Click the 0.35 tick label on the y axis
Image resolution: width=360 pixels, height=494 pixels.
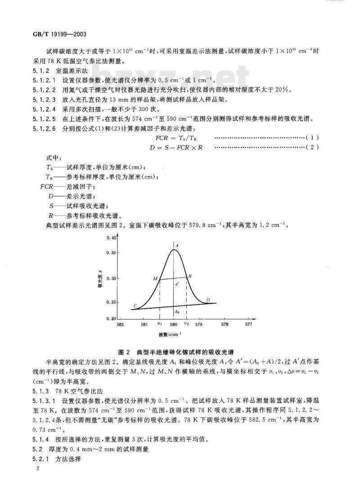point(110,253)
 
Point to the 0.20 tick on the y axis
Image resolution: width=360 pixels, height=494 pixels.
point(110,318)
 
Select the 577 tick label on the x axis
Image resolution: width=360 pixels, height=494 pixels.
point(248,324)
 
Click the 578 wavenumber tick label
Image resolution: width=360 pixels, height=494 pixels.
point(224,324)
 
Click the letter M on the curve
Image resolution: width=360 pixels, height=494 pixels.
point(155,279)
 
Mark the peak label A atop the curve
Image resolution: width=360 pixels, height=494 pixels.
point(177,245)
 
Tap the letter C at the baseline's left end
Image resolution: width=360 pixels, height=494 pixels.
point(135,306)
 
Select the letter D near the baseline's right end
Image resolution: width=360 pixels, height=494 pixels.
point(207,300)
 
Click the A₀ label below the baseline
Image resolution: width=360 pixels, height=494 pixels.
point(177,311)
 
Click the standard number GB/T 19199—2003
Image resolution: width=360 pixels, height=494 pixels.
point(48,34)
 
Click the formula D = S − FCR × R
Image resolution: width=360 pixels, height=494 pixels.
point(176,147)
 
